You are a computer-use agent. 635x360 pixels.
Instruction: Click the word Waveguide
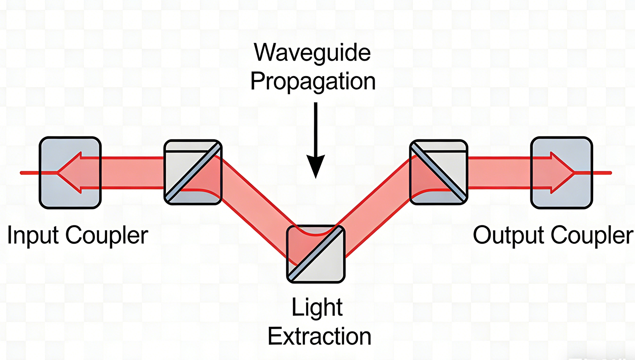tap(312, 53)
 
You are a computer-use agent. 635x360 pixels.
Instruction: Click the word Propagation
tap(313, 81)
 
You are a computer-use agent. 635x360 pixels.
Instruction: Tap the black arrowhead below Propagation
tap(315, 166)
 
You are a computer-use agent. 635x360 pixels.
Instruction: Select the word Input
tap(33, 235)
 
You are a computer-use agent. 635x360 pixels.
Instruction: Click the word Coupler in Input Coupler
tap(107, 235)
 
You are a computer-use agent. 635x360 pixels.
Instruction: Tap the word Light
tap(317, 307)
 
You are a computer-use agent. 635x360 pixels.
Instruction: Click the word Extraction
tap(319, 336)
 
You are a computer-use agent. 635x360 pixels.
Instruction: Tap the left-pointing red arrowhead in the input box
tap(68, 173)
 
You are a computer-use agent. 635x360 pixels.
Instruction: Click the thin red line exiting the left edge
tap(30, 173)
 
